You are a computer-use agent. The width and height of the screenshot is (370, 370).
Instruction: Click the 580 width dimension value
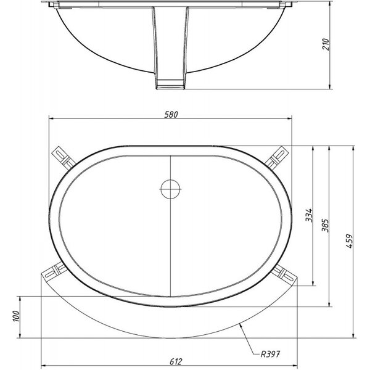(171, 115)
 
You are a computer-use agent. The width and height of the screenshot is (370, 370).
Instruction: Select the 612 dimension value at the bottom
(176, 361)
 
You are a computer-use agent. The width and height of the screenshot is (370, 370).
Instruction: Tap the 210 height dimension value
(326, 44)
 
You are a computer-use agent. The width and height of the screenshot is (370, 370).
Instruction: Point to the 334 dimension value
(309, 215)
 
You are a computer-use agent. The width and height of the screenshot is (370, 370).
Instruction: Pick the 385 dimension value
(326, 225)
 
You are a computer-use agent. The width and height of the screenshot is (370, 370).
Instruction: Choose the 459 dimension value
(350, 241)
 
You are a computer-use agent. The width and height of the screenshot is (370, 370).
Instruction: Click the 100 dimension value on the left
(15, 316)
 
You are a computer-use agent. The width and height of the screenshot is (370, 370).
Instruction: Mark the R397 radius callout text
(270, 354)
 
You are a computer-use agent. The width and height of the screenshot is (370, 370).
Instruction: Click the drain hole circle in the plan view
(171, 189)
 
